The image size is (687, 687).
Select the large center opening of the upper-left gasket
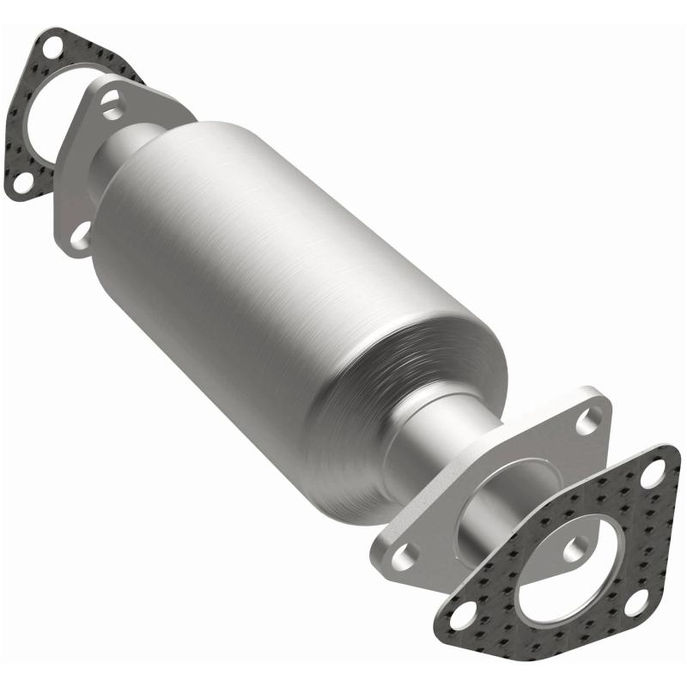point(43,120)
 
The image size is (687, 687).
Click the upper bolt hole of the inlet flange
point(111,106)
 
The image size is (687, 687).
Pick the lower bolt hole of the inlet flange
point(79,233)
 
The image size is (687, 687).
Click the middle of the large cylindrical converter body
point(283,283)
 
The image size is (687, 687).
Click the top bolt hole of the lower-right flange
point(588,420)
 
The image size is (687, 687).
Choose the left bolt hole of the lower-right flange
point(401,556)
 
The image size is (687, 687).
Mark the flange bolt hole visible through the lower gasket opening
point(577,546)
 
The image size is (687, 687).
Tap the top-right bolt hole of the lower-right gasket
point(655,471)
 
